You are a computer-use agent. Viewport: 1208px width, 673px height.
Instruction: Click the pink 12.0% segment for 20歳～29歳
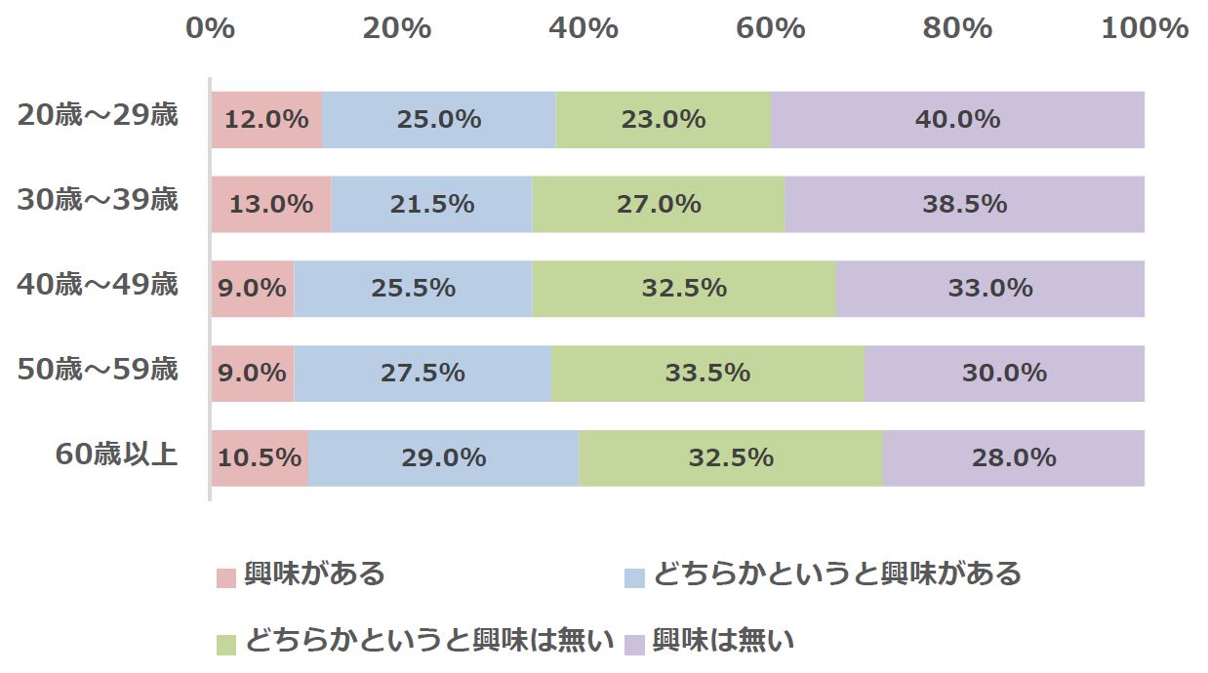(x=266, y=120)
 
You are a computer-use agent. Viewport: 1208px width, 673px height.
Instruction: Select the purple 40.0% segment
(x=957, y=120)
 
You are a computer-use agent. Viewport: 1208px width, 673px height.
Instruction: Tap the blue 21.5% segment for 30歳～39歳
(x=431, y=205)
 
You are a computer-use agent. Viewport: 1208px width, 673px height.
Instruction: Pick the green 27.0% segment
(x=659, y=205)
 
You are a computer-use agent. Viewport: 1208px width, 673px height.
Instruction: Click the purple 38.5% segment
(x=964, y=205)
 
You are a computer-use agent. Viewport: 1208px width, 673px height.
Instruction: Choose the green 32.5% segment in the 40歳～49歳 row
(x=684, y=289)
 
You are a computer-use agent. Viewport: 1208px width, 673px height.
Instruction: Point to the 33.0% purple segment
(x=990, y=289)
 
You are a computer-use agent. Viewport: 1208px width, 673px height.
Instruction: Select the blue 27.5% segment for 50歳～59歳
(x=423, y=374)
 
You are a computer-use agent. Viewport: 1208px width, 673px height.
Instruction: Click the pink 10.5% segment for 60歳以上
(x=260, y=457)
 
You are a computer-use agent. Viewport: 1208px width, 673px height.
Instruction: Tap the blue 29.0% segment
(x=444, y=457)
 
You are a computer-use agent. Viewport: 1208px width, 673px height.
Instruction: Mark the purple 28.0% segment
(x=1014, y=457)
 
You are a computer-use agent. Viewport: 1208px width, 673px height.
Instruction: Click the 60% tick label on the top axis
(x=770, y=28)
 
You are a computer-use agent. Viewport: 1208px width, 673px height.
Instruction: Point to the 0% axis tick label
(x=211, y=28)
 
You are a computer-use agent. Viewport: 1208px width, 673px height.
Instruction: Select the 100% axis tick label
(x=1145, y=28)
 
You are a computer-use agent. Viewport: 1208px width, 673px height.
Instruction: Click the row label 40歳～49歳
(x=98, y=286)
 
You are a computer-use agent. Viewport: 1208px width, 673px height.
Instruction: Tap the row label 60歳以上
(x=116, y=455)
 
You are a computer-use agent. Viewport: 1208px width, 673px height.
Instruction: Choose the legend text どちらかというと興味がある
(x=836, y=574)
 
